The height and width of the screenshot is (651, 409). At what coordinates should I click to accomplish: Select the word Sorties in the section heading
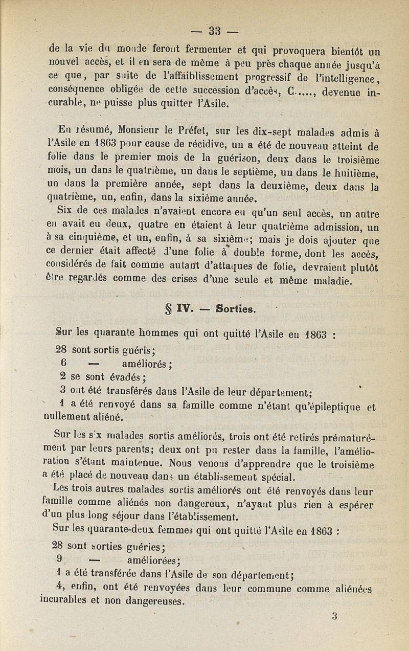(x=236, y=309)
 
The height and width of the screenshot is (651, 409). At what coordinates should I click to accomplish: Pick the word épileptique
(x=332, y=407)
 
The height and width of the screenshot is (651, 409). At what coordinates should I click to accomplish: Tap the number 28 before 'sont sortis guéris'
(x=61, y=350)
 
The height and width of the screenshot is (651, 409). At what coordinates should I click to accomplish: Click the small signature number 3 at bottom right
(x=334, y=616)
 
